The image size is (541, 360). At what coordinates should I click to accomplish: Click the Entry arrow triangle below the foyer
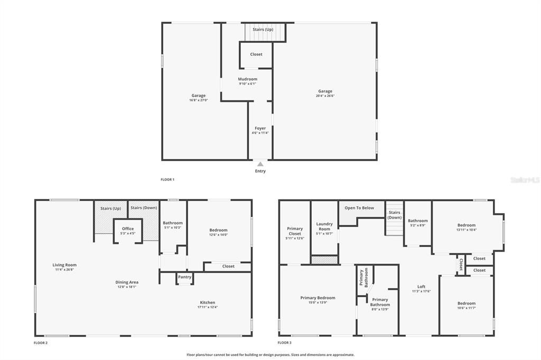point(260,164)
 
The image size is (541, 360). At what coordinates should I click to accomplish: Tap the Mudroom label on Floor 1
point(248,79)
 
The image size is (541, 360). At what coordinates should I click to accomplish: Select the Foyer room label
point(260,128)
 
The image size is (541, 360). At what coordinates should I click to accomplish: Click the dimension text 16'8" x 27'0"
point(199,100)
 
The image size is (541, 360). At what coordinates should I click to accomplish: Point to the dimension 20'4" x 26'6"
point(325,96)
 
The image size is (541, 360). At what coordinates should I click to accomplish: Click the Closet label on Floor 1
point(256,54)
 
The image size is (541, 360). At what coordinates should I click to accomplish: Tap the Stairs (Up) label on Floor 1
point(263,30)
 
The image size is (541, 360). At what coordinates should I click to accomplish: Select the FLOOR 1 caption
point(167,179)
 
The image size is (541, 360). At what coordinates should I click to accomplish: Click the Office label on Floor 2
point(128,229)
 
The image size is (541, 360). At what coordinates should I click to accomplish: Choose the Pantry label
point(184,277)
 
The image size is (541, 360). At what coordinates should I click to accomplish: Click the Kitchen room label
point(207,302)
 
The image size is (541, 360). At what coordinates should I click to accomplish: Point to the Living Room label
point(64,265)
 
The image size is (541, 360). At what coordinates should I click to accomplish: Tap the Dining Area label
point(127,282)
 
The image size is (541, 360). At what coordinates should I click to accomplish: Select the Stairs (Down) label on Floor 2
point(144,208)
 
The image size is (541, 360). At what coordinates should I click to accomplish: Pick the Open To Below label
point(359,208)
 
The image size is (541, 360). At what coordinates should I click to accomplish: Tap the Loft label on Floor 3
point(421,287)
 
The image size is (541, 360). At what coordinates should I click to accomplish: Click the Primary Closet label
point(295,231)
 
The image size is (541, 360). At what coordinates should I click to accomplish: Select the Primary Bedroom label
point(318,298)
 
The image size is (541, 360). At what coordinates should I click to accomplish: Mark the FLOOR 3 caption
point(285,343)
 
